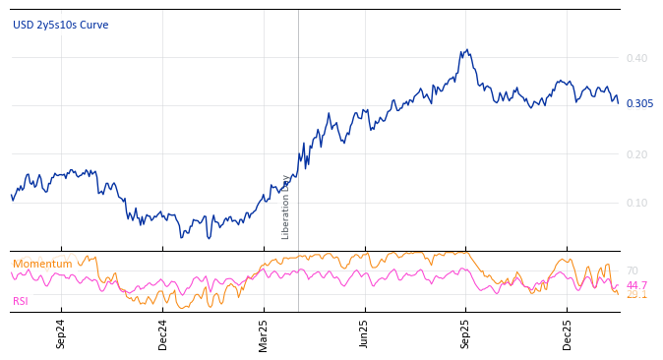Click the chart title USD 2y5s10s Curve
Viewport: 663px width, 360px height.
click(61, 25)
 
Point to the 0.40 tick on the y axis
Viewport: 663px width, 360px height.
click(637, 58)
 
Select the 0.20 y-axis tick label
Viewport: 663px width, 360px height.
click(637, 154)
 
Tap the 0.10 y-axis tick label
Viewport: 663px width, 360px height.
click(637, 203)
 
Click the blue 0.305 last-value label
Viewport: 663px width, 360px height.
click(639, 103)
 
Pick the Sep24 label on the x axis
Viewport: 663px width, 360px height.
click(61, 333)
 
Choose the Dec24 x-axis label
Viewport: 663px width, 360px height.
click(163, 333)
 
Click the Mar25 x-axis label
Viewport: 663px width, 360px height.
click(264, 333)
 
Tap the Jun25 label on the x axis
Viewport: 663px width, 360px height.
click(365, 333)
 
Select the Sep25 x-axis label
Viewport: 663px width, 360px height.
click(466, 333)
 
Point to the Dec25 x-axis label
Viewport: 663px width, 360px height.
click(568, 333)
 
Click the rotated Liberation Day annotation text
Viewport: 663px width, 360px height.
click(286, 207)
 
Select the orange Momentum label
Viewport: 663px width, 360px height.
click(42, 264)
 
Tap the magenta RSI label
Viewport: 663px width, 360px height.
click(21, 301)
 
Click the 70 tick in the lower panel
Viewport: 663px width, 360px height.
click(632, 270)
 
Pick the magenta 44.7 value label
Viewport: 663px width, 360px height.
click(636, 285)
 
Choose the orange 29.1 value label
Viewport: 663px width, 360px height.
click(636, 294)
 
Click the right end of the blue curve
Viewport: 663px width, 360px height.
click(618, 101)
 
